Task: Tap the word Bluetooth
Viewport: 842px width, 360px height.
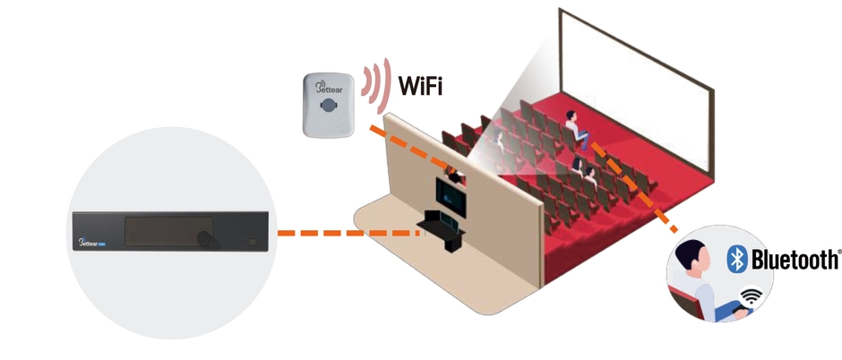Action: (x=795, y=260)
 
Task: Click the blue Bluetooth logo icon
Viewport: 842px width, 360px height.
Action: (x=735, y=260)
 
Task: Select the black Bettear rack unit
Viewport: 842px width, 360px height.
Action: (x=169, y=231)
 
